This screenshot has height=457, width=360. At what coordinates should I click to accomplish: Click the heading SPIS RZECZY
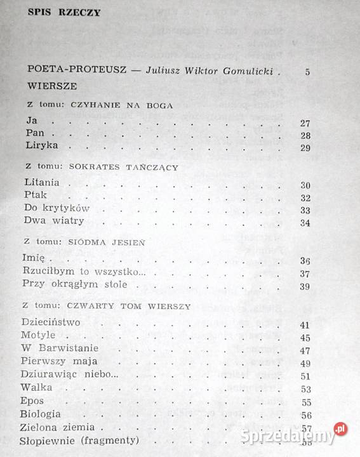coord(64,13)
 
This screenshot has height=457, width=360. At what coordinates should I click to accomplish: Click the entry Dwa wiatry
coord(55,222)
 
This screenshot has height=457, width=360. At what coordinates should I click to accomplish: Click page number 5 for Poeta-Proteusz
coord(307,72)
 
